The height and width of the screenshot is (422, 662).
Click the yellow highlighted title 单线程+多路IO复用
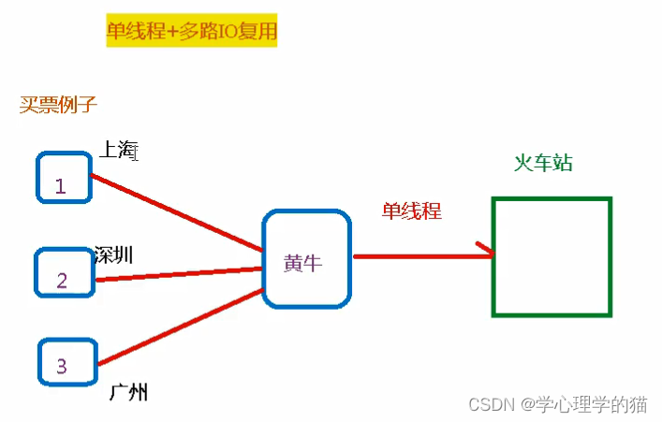tap(191, 32)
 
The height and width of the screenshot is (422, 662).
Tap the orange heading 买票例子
tap(59, 104)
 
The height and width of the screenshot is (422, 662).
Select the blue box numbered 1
tap(64, 178)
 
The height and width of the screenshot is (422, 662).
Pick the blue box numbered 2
tap(65, 273)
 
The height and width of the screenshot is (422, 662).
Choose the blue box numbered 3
tap(67, 363)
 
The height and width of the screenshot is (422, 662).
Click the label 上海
tap(120, 150)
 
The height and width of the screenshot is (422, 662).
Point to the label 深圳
tap(114, 255)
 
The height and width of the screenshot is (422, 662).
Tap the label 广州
tap(128, 392)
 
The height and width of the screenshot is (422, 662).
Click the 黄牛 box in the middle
tap(306, 259)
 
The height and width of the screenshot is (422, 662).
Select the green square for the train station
tap(552, 255)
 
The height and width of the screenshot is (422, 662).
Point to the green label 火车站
tap(543, 163)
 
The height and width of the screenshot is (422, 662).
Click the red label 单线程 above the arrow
tap(411, 211)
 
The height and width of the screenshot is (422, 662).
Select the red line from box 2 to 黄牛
tap(178, 273)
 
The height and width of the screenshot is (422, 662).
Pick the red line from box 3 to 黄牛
tap(178, 327)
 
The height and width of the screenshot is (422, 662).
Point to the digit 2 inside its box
tap(62, 280)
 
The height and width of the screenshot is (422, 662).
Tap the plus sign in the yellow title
tap(171, 32)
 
